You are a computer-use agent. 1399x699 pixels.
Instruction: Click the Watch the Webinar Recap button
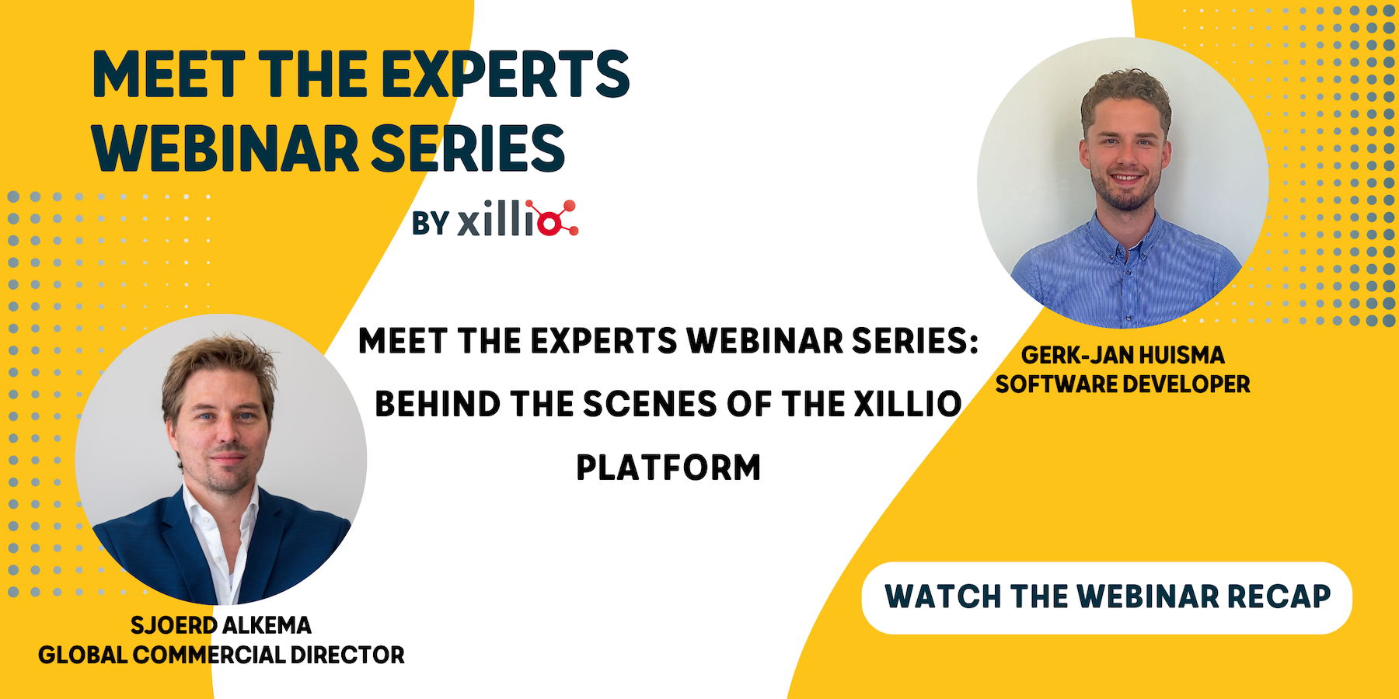(x=1107, y=598)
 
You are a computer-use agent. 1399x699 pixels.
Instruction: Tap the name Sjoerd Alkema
(x=221, y=625)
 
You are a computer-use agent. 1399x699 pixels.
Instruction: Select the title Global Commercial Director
(x=222, y=656)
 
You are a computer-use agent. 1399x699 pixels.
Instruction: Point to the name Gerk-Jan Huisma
(x=1122, y=355)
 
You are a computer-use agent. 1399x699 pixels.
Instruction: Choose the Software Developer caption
(x=1122, y=384)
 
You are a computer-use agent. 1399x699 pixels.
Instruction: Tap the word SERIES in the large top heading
(x=468, y=148)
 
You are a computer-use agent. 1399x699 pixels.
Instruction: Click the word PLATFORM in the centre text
(x=668, y=468)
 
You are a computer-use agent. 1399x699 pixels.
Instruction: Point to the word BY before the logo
(x=431, y=224)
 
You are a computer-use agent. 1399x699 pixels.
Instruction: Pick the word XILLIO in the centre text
(x=908, y=404)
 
